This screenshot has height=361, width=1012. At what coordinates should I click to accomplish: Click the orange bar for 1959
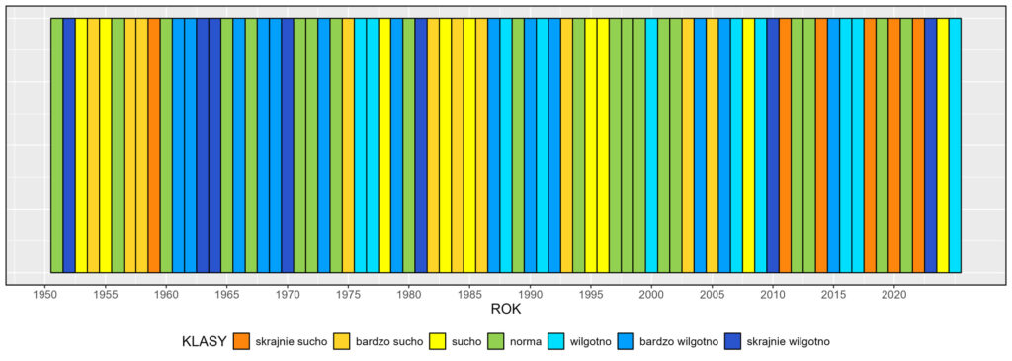pos(154,144)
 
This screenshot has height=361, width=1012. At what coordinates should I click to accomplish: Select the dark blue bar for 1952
pos(69,144)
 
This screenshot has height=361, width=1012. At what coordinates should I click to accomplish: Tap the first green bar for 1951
pos(57,144)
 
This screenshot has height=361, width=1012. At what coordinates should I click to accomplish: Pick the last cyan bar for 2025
pos(955,144)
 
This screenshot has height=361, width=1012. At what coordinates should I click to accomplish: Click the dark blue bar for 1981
pos(421,144)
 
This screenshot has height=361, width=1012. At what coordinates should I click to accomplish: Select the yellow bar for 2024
pos(943,144)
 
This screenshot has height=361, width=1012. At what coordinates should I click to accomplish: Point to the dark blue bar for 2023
pos(931,144)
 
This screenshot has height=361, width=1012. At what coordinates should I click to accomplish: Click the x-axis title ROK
pos(505,310)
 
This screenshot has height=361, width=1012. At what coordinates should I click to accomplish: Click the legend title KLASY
pos(204,341)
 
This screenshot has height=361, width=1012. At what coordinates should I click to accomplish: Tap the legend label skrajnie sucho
pos(292,341)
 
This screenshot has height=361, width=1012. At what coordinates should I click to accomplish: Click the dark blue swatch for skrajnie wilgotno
pos(732,341)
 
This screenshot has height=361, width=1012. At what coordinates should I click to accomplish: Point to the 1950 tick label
pos(44,294)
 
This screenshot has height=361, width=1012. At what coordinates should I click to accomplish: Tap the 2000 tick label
pos(651,294)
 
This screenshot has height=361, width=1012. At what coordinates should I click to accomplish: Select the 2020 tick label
pos(893,294)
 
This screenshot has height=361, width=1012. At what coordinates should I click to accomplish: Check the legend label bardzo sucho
pos(389,341)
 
